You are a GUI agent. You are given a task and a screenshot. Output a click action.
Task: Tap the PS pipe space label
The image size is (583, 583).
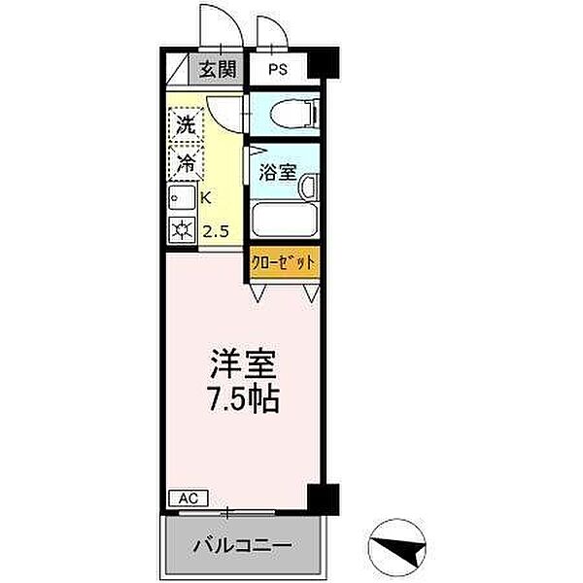278,69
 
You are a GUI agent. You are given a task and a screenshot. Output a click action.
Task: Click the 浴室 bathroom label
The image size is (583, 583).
278,173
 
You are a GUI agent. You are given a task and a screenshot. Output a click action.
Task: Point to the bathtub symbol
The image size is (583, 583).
283,220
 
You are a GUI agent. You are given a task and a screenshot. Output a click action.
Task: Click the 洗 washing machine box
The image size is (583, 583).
185,125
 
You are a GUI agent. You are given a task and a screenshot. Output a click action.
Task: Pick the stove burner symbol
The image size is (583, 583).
181,230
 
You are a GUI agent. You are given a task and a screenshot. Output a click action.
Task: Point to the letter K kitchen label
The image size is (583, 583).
206,197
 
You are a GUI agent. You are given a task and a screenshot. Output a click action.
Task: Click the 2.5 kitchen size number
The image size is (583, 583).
216,230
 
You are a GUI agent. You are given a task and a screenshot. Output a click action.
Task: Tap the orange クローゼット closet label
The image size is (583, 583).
284,262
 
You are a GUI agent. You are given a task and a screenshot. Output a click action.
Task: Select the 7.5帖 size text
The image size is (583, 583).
242,398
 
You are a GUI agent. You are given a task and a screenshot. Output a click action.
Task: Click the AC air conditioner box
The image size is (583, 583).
188,497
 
